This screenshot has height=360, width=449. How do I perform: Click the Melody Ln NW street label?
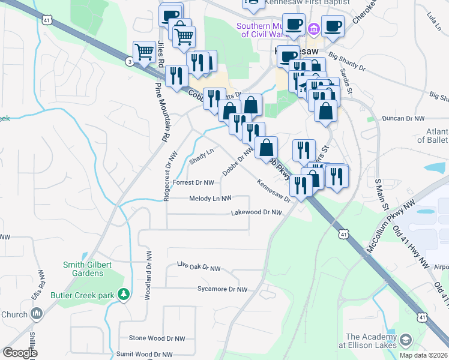click(x=210, y=199)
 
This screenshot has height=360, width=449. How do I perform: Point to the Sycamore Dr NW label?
click(x=222, y=289)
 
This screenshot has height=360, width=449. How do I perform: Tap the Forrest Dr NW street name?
click(x=193, y=182)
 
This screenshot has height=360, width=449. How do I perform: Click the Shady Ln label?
click(x=201, y=155)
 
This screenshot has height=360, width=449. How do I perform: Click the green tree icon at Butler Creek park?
click(x=124, y=294)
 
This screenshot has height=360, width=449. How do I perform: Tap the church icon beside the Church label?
click(x=37, y=313)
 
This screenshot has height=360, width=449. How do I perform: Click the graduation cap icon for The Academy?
click(x=406, y=340)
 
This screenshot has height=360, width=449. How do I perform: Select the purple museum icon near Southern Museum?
click(x=313, y=29)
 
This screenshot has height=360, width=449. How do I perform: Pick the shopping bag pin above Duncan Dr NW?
click(x=325, y=111)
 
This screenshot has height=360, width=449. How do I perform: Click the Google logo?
click(x=20, y=353)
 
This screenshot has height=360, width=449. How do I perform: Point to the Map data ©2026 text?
click(x=423, y=355)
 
